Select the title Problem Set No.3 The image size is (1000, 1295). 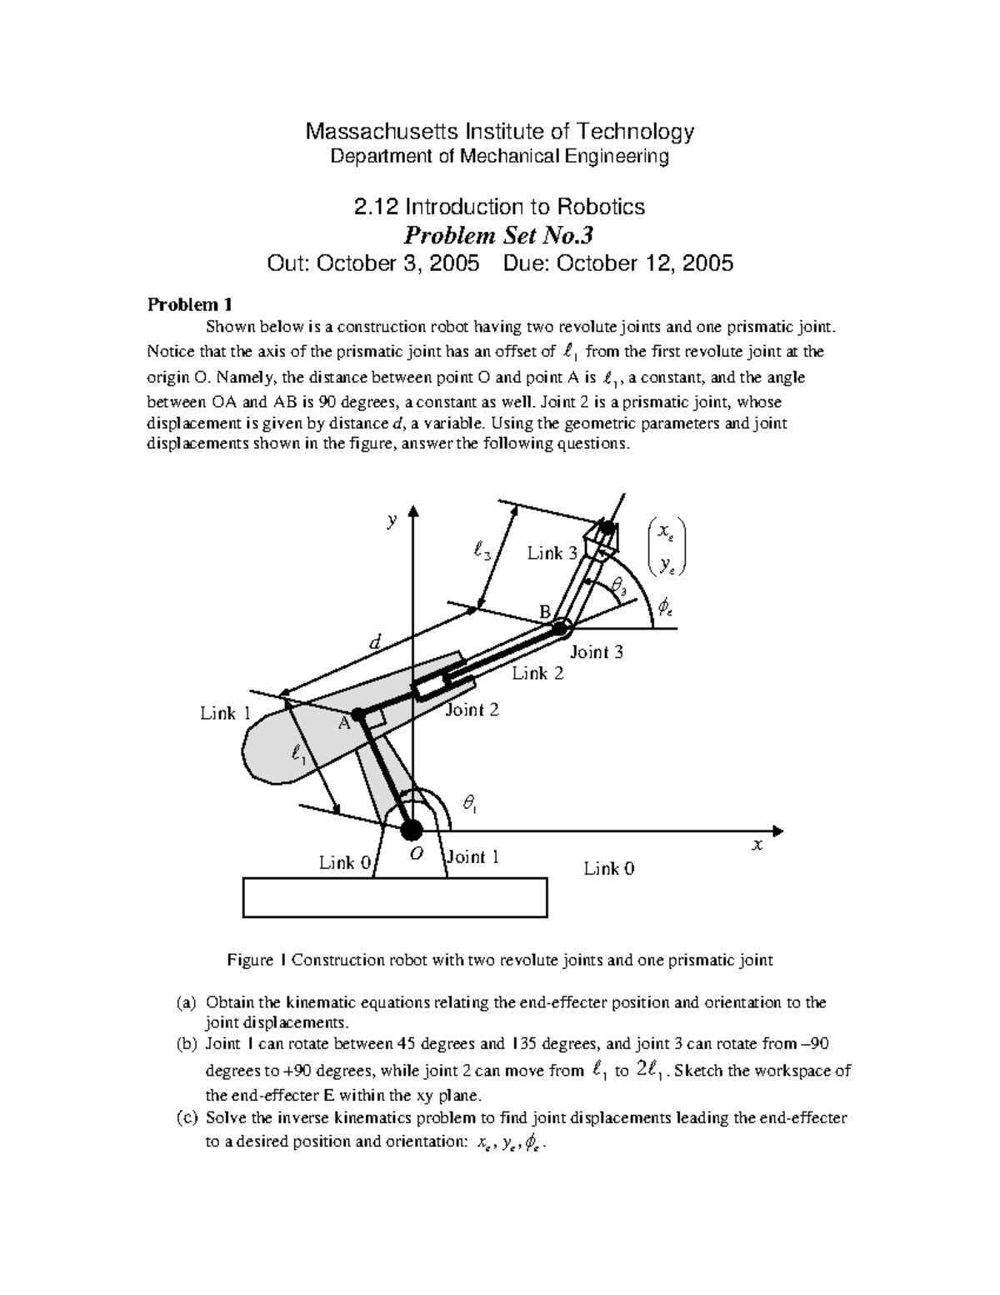pos(499,235)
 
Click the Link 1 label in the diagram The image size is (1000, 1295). pos(225,713)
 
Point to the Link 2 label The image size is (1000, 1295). pos(537,673)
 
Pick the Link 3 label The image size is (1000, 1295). pos(552,554)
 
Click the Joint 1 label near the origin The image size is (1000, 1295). pos(473,856)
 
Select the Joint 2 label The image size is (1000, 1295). pos(472,710)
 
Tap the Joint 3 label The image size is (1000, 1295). pos(596,652)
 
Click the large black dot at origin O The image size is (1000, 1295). pos(412,831)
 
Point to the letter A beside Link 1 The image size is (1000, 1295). pos(342,724)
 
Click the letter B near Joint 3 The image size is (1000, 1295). pos(544,613)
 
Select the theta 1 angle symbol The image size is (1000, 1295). pos(470,803)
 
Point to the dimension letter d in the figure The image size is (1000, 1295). pos(375,642)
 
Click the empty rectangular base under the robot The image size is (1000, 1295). pos(395,897)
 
